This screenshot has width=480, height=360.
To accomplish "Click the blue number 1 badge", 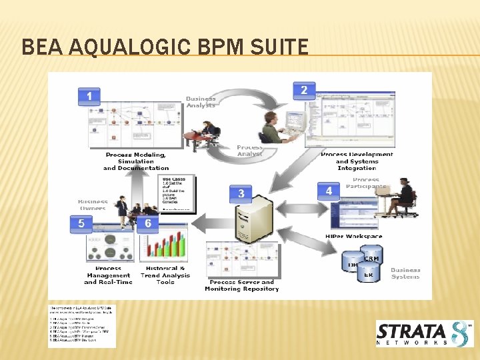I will (x=89, y=97).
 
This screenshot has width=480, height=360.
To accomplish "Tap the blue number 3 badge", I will (x=241, y=194).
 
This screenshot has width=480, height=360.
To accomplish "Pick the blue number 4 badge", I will (x=329, y=191).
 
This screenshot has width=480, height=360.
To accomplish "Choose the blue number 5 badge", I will (x=81, y=224).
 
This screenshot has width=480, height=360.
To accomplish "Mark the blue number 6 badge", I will (x=148, y=224).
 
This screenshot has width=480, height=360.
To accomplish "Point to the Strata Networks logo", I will (x=425, y=333).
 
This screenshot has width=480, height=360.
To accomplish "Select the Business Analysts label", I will (x=201, y=102).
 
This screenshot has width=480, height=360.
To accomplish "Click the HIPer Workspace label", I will (x=353, y=236).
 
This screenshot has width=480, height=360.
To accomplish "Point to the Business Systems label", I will (x=405, y=273).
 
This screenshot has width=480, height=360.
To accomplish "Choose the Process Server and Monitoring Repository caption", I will (x=241, y=285).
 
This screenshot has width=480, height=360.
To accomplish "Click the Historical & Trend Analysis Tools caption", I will (x=165, y=275).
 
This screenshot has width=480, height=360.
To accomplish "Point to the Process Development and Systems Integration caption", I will (x=357, y=161).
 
